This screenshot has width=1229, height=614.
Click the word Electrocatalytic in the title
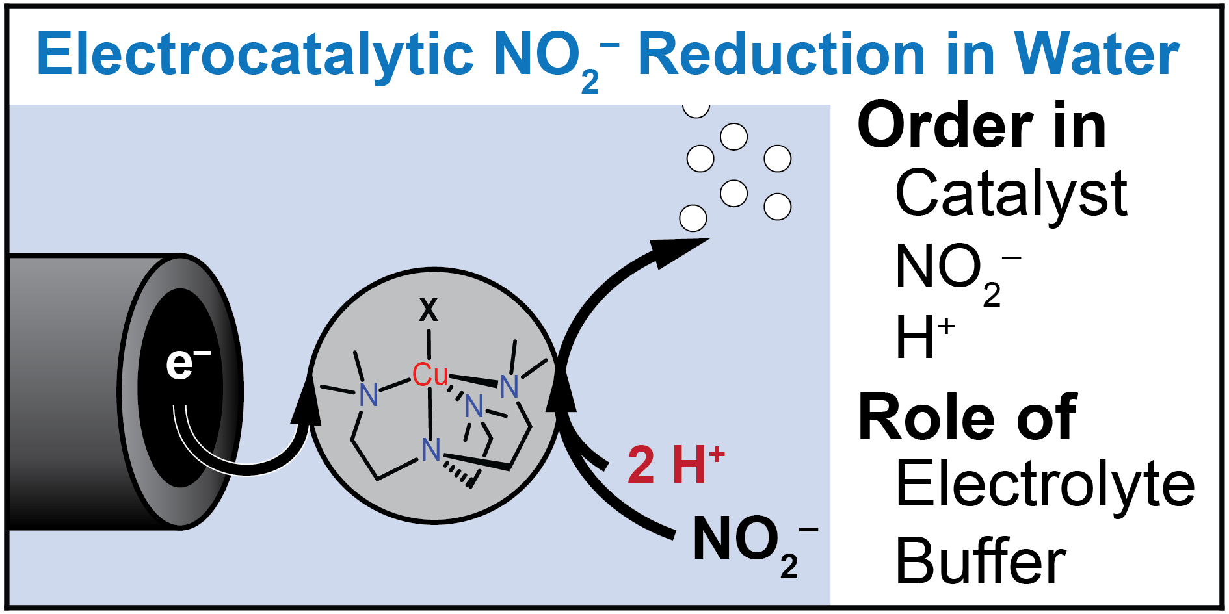coord(254,55)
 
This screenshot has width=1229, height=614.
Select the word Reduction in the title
coord(780,55)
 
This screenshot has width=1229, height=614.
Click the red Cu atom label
coord(430,375)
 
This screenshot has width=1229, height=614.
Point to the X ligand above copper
coord(429,311)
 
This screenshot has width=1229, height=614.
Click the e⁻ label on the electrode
coord(187,364)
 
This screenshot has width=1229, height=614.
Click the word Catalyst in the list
coord(1011,194)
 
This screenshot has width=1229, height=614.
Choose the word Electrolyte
coord(1044,484)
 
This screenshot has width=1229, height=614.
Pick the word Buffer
coord(980,561)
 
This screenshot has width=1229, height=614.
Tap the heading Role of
coord(967,417)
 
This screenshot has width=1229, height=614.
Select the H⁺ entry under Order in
coord(923,337)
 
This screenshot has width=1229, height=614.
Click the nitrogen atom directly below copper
coord(430,450)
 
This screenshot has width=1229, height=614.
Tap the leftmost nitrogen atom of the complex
coord(369,394)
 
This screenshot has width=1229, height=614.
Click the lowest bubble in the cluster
coord(693,218)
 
